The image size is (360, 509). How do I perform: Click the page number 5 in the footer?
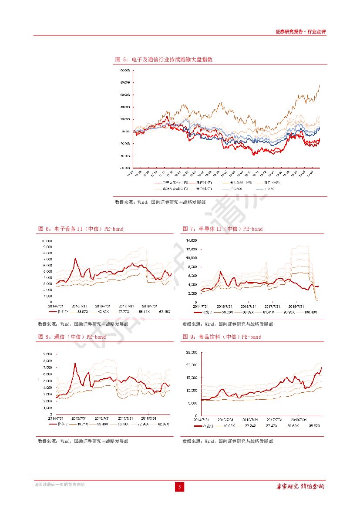coord(180,487)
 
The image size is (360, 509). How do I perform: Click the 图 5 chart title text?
coord(163,59)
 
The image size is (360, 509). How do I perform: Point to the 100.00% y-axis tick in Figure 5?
coord(125,70)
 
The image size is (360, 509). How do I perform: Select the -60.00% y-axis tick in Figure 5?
coord(125,168)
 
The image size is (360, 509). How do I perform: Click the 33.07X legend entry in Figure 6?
coord(82,312)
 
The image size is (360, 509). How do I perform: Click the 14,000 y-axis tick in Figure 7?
coord(191,240)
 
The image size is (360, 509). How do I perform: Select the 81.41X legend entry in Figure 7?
coord(268,312)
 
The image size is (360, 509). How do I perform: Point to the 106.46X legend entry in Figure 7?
coord(310,312)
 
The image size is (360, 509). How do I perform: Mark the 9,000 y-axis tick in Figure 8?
coord(47,354)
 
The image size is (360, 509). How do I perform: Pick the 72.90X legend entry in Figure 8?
coord(141,424)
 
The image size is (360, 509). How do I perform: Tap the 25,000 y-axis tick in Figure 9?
coord(191,352)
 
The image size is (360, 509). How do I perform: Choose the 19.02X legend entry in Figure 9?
coord(229,426)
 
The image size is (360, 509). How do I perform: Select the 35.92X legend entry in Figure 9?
coord(313,426)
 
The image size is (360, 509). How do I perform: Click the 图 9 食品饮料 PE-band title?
coord(222,337)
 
